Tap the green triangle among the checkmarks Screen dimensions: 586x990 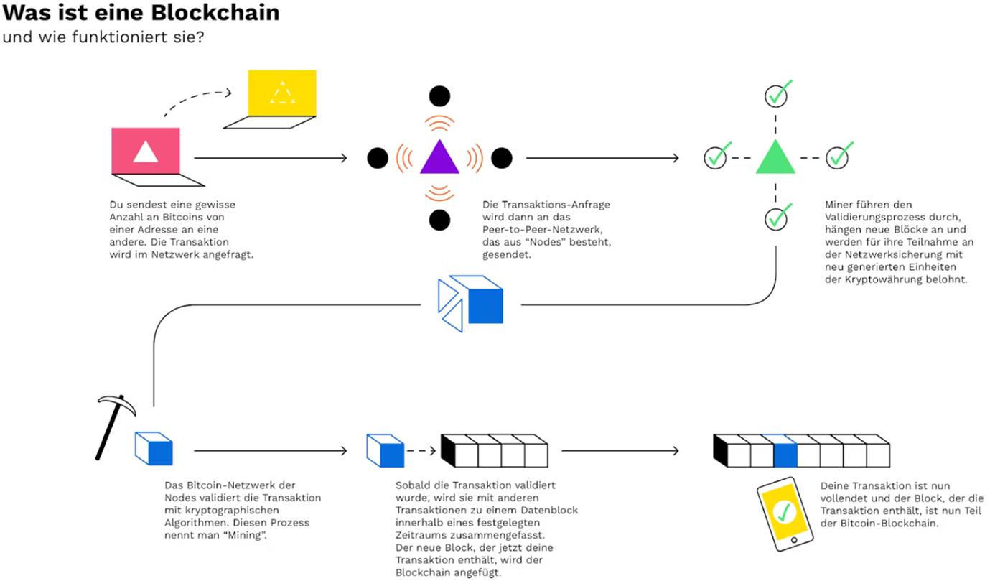coord(775,159)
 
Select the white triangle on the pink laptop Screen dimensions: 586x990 coord(145,151)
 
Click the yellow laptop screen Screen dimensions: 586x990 coord(281,93)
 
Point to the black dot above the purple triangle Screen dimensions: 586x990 coord(439,96)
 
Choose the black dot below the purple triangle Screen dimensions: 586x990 coord(439,219)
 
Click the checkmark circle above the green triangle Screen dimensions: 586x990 coord(775,95)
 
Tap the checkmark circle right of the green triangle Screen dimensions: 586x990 coord(837,157)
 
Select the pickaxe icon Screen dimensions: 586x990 coord(112,424)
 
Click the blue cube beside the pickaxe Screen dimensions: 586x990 coord(154,449)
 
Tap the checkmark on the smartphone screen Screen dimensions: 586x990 coord(785,511)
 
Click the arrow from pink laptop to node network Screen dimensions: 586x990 coord(270,157)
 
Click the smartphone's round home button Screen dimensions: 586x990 coord(794,539)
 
